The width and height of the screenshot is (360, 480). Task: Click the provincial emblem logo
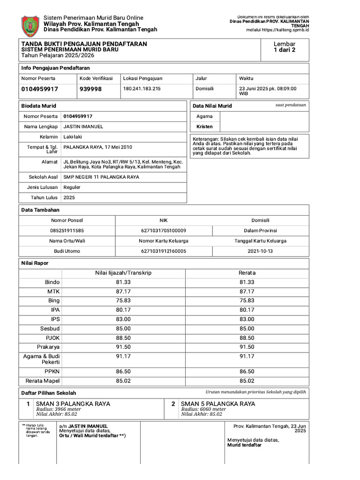coord(31,26)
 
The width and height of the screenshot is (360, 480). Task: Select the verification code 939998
coord(90,89)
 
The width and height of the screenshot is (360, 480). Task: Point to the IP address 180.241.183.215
coord(142,89)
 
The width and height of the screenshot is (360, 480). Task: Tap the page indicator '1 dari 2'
coord(285,51)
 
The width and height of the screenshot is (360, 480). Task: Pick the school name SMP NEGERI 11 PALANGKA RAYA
coord(101,177)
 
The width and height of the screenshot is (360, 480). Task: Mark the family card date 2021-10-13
coord(260,251)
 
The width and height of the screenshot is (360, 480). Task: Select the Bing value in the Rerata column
coord(247,300)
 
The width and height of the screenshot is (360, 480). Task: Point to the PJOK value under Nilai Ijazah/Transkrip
coord(123,337)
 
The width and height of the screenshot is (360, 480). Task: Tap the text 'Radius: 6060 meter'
coord(203,409)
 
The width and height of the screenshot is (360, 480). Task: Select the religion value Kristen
coord(204,127)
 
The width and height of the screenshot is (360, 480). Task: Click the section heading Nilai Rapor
coord(35,263)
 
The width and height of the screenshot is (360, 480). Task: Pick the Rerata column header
coord(247,273)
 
